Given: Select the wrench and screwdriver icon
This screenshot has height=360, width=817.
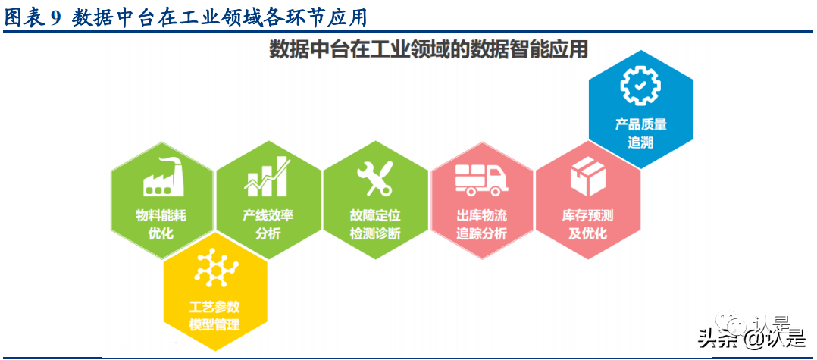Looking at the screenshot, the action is [374, 177].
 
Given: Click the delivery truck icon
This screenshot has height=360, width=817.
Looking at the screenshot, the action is [481, 179].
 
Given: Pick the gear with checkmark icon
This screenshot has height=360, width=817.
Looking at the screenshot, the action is [640, 86].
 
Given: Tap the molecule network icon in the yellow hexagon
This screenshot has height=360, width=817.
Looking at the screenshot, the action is [216, 268].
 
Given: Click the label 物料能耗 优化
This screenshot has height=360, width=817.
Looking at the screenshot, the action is [161, 224].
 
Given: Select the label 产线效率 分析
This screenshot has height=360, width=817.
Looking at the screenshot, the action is [268, 224].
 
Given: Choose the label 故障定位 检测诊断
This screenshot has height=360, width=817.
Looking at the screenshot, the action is [375, 224].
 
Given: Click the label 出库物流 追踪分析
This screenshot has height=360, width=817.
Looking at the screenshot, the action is [481, 224].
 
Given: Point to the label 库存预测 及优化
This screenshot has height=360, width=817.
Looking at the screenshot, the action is [588, 224].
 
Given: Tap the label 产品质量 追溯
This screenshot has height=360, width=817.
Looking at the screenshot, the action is [640, 133].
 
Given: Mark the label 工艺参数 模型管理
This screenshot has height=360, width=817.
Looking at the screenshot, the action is [214, 316].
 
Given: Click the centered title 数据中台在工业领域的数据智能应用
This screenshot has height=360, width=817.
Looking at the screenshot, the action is [429, 50].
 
